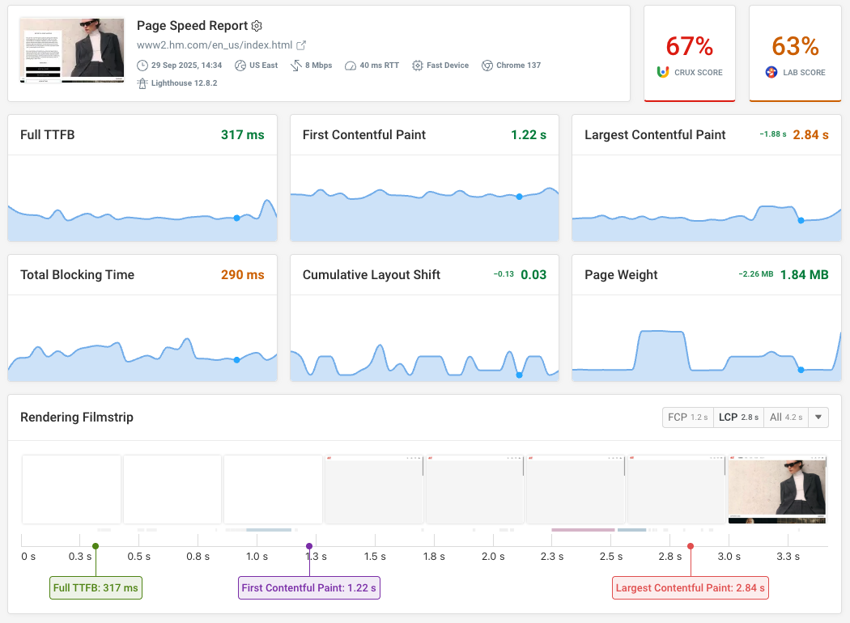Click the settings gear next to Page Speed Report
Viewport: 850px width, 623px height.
pyautogui.click(x=257, y=26)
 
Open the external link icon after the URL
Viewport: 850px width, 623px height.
pyautogui.click(x=301, y=45)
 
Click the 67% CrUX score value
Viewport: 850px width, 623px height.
pyautogui.click(x=689, y=46)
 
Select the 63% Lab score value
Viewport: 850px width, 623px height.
pyautogui.click(x=795, y=46)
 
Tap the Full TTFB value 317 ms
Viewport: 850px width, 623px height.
pyautogui.click(x=242, y=135)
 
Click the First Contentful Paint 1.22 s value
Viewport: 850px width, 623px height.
pyautogui.click(x=528, y=135)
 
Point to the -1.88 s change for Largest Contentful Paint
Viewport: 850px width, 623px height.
pyautogui.click(x=772, y=135)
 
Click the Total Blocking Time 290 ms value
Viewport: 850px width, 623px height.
pyautogui.click(x=242, y=275)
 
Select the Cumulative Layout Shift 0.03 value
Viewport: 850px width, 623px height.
pyautogui.click(x=533, y=275)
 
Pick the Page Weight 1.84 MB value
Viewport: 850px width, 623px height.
pyautogui.click(x=804, y=275)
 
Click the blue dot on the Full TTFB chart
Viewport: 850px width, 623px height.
pyautogui.click(x=236, y=218)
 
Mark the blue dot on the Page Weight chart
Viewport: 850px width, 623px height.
pyautogui.click(x=801, y=370)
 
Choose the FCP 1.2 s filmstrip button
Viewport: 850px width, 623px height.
pyautogui.click(x=687, y=417)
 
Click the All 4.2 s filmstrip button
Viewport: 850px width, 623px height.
pyautogui.click(x=785, y=417)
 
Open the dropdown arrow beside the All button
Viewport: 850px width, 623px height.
pyautogui.click(x=818, y=417)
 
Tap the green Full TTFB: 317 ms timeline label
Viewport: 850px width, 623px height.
pyautogui.click(x=96, y=588)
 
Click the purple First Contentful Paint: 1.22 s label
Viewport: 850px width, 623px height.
pyautogui.click(x=308, y=588)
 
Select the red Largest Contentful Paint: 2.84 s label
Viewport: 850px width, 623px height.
pyautogui.click(x=690, y=588)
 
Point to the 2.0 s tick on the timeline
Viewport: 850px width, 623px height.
pyautogui.click(x=493, y=557)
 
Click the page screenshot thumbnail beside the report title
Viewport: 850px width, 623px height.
pyautogui.click(x=72, y=50)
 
